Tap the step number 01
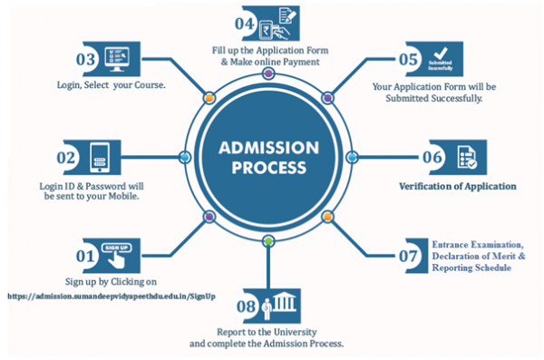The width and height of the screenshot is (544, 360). (84, 258)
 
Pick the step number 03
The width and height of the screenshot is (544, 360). (87, 59)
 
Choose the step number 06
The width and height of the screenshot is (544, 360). (430, 157)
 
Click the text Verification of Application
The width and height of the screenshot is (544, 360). (457, 186)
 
